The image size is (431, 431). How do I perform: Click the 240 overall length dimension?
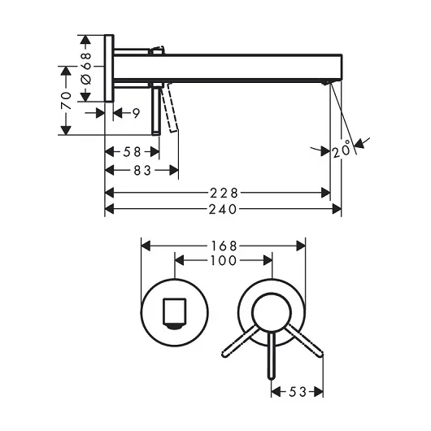tap(223, 210)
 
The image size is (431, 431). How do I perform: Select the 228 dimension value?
tap(224, 194)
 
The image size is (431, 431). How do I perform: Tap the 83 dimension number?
tap(142, 171)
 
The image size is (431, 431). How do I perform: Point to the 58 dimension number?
tap(132, 152)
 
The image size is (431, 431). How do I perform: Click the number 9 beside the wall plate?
tap(137, 113)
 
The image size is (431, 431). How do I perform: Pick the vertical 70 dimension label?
tap(66, 101)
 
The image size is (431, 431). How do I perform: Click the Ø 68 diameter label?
tap(85, 69)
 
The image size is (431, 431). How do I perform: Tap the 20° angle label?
tap(342, 150)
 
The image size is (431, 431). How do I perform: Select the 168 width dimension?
tap(224, 246)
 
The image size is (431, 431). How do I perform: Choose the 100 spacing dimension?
tap(223, 260)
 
